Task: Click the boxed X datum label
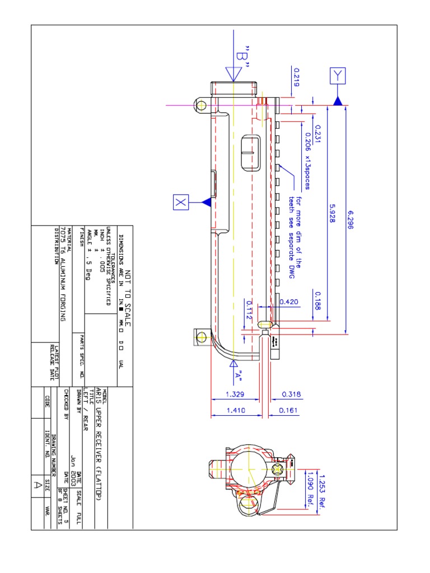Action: (x=181, y=202)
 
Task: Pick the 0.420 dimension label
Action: (x=289, y=302)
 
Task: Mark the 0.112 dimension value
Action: (x=249, y=310)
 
